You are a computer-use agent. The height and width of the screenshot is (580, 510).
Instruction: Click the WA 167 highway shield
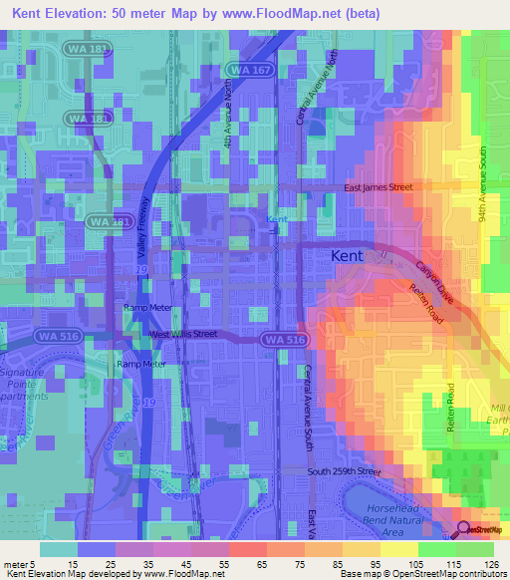coord(247,69)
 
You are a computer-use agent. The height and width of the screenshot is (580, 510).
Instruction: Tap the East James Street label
coord(378,186)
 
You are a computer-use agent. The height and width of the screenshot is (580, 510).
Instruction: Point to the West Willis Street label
coord(183,334)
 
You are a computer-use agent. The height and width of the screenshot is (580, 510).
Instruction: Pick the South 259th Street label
coord(344,470)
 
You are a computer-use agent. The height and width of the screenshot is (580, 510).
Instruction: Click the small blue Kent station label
coord(277,219)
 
